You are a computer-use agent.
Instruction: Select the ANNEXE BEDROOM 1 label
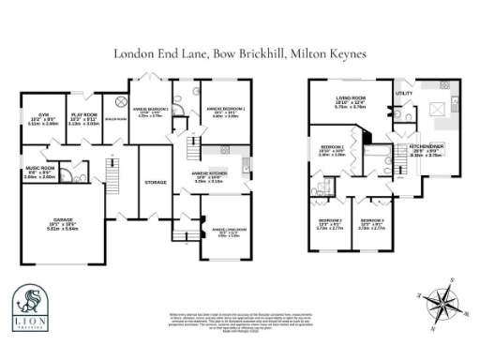150,111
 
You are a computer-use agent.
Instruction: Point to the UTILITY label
404,94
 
